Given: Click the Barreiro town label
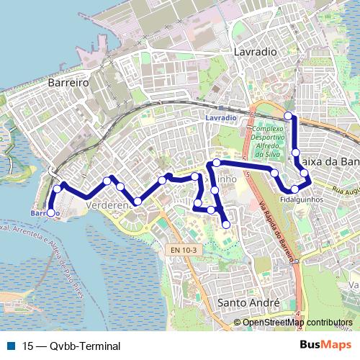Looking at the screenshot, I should (67, 83).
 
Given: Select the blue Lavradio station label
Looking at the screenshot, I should (220, 117).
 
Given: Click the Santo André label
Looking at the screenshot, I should (248, 303).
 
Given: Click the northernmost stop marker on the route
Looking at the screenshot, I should (289, 116).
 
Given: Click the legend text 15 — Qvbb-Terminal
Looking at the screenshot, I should (71, 346).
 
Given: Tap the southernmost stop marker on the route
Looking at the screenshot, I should (226, 225).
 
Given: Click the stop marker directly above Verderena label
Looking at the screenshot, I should (120, 187).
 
